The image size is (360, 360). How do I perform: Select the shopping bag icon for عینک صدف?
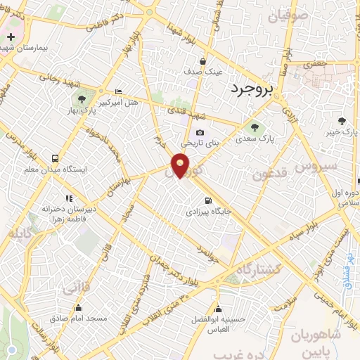202,61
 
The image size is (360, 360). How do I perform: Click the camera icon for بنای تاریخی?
200,133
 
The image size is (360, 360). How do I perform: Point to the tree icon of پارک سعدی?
255,127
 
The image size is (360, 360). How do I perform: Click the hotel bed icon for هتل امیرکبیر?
117,92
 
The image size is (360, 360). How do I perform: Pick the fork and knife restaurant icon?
69,198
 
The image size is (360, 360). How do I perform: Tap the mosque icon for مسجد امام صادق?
78,308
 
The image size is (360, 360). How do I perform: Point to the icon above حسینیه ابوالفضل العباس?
220,309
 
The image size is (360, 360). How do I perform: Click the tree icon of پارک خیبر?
342,121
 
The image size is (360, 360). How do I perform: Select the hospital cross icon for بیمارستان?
11,36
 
